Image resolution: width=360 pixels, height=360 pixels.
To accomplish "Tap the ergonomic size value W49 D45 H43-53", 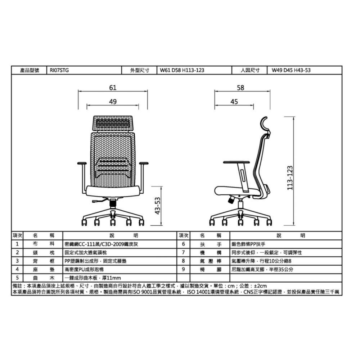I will pos(291,70).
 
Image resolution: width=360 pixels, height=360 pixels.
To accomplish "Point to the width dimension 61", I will pos(113,87).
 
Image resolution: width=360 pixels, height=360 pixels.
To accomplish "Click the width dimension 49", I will pos(113,102).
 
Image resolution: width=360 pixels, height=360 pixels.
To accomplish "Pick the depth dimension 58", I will pos(240,87).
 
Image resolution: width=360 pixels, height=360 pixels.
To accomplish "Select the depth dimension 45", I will pos(234,102).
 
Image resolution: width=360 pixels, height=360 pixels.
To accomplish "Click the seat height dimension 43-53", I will pos(157,206).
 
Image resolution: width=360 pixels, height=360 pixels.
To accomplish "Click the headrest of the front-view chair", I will pos(113,123).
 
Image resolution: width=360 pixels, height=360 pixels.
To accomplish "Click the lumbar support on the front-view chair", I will pos(113,167).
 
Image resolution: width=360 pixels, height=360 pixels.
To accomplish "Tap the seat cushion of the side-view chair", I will pos(236,190).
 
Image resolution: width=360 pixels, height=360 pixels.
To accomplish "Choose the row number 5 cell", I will pos(17,278).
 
